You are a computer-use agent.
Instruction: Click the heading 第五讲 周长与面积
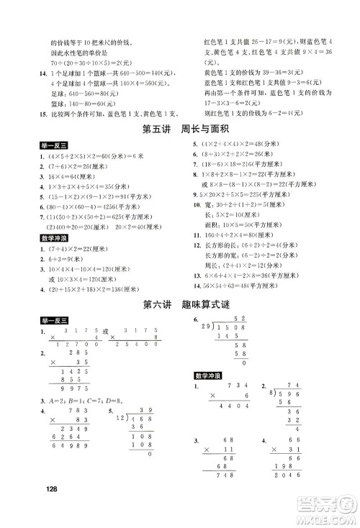[180, 129]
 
